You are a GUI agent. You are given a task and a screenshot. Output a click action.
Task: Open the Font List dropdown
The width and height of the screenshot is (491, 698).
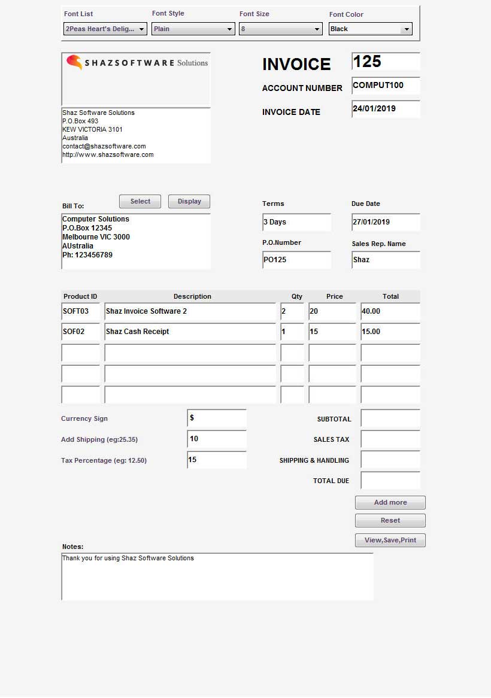tap(105, 29)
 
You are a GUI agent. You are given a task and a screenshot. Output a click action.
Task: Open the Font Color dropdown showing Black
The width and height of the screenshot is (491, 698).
tap(370, 29)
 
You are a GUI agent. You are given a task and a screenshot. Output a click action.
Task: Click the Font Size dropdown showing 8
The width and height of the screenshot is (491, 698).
tap(280, 29)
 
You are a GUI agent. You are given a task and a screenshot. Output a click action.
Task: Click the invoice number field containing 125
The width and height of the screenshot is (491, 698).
tap(386, 62)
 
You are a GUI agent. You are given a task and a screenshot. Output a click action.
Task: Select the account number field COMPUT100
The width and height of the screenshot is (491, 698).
tap(386, 86)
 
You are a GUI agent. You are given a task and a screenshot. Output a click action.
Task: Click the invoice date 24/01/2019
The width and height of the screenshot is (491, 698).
tap(386, 109)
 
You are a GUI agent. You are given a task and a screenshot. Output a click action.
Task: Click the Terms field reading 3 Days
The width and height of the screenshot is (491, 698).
tap(296, 222)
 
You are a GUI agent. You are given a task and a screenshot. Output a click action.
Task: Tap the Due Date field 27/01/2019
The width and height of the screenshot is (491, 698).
tap(386, 222)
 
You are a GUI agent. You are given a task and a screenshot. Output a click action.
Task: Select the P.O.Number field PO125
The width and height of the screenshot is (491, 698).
tap(296, 260)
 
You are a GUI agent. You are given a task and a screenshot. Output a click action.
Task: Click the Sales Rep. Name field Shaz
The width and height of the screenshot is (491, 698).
tap(386, 260)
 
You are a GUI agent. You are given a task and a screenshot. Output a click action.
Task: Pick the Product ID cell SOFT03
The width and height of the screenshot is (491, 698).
tap(80, 311)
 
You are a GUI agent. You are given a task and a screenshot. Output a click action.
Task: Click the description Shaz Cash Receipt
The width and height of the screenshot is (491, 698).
tap(190, 332)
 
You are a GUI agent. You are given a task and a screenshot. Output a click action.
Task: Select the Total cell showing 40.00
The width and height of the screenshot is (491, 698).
tap(390, 311)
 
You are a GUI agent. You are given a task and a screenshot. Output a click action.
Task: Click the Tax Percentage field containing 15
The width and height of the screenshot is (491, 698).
tap(217, 460)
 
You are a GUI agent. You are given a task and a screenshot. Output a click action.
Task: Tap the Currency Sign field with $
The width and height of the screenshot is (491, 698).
tap(217, 418)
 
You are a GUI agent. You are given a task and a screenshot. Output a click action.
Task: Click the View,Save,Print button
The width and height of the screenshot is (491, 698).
tap(390, 540)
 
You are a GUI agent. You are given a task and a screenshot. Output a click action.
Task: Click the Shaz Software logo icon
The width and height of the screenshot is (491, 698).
tap(74, 62)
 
